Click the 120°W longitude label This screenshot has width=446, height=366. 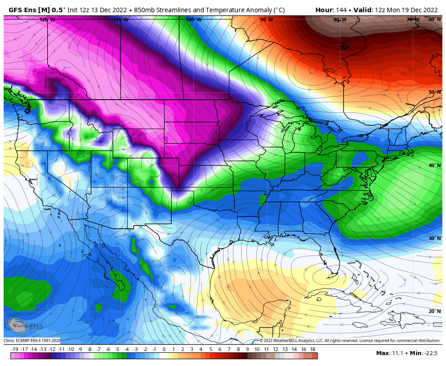pyautogui.click(x=47, y=19)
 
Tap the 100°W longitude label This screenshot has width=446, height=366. pyautogui.click(x=194, y=19)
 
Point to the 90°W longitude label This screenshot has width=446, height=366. pyautogui.click(x=267, y=19)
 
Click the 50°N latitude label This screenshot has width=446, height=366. pyautogui.click(x=435, y=92)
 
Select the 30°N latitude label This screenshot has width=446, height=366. pyautogui.click(x=435, y=238)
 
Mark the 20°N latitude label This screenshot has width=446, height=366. pyautogui.click(x=435, y=311)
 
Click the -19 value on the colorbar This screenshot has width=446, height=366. pyautogui.click(x=15, y=349)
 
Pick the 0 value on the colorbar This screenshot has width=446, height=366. pyautogui.click(x=164, y=349)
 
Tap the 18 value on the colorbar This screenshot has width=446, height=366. pyautogui.click(x=313, y=349)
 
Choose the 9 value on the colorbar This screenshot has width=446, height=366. pyautogui.click(x=247, y=349)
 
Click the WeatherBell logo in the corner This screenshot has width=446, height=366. pyautogui.click(x=25, y=325)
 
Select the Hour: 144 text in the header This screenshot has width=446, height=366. pyautogui.click(x=330, y=10)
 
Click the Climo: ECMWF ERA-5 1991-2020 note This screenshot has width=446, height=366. pyautogui.click(x=32, y=341)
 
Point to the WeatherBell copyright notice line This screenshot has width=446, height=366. pyautogui.click(x=349, y=341)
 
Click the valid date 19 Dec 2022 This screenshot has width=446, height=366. pyautogui.click(x=417, y=10)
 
